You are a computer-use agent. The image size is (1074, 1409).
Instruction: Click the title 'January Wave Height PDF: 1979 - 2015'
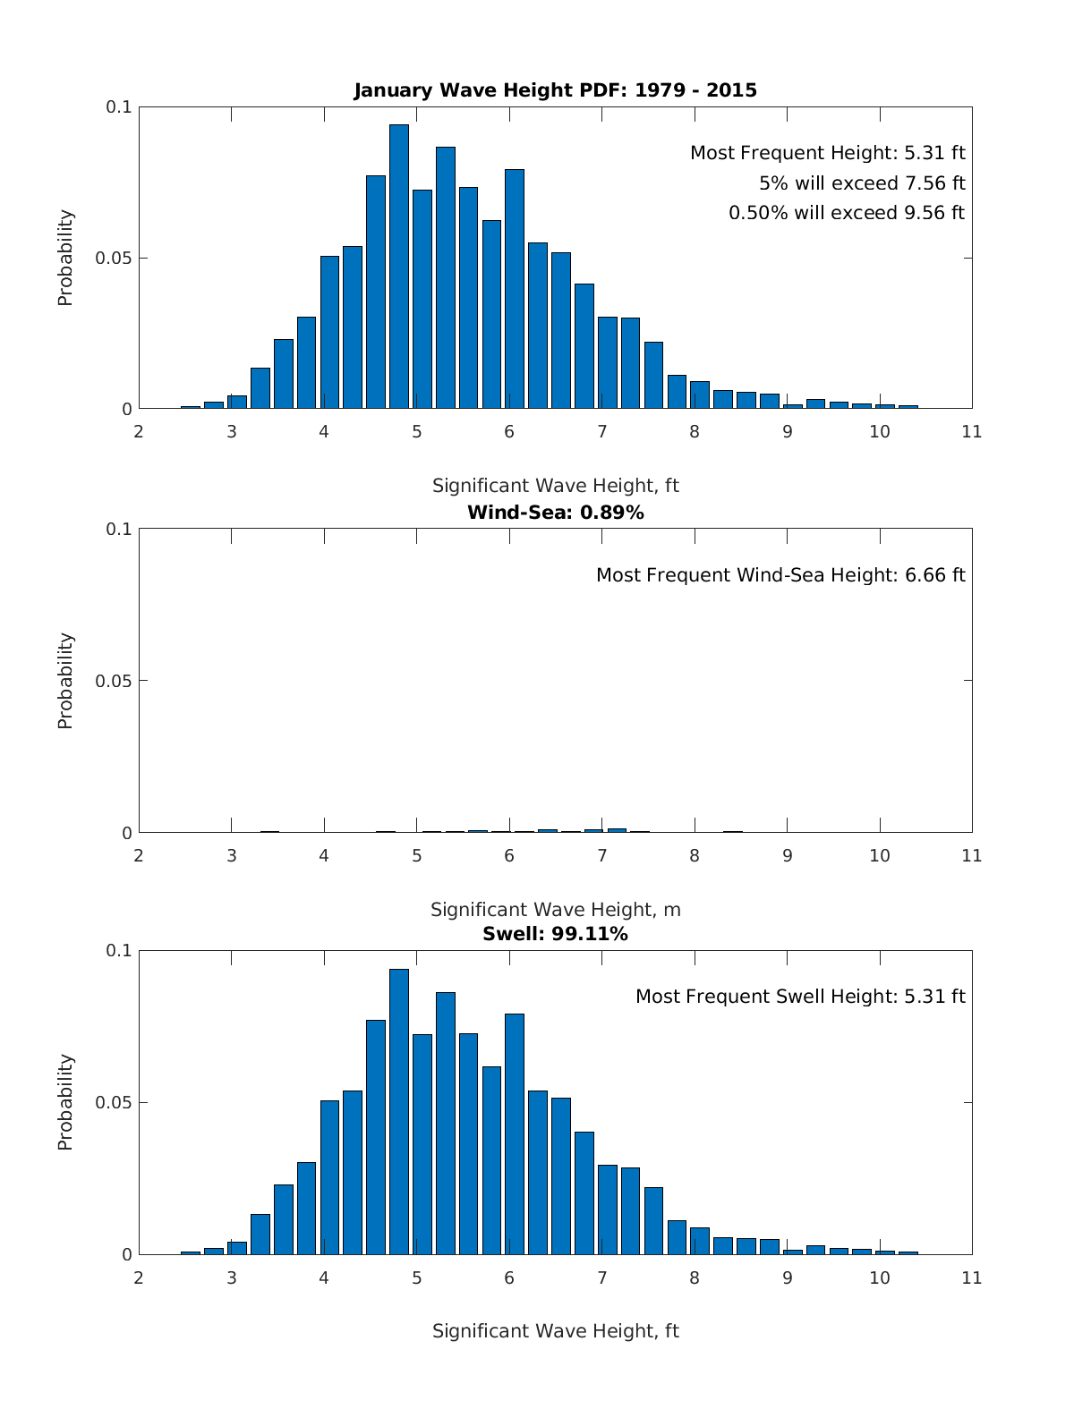click(x=555, y=90)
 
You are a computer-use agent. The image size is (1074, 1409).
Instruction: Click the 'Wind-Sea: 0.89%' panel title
click(x=555, y=513)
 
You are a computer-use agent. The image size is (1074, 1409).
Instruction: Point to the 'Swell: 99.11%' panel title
click(x=555, y=934)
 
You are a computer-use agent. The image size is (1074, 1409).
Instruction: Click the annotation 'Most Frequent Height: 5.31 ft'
click(x=827, y=153)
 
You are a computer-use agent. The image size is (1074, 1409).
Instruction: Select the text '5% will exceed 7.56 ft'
click(x=862, y=183)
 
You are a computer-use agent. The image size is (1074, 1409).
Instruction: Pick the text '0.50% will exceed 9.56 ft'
click(x=846, y=213)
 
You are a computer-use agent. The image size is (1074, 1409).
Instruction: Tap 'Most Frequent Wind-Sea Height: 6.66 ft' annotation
click(x=780, y=575)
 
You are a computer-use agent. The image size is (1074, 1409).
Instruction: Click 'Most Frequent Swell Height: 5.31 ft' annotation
click(x=800, y=997)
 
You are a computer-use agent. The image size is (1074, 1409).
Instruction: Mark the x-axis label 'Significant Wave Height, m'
click(x=555, y=910)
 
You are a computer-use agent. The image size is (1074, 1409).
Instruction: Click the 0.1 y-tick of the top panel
click(x=119, y=107)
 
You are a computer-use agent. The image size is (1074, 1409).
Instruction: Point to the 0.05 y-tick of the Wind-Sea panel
click(x=114, y=681)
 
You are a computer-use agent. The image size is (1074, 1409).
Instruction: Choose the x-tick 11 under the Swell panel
click(x=971, y=1278)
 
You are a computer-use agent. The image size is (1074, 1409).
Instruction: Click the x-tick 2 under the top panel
click(x=139, y=432)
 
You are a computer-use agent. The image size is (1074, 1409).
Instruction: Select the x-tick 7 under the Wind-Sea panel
click(x=601, y=856)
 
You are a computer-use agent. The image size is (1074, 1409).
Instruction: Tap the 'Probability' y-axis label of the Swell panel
click(x=65, y=1102)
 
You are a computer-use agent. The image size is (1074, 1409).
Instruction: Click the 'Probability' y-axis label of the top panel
click(x=65, y=258)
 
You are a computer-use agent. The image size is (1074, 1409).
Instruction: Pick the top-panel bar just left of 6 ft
click(x=491, y=314)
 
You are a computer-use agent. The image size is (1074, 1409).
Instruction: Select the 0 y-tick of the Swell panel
click(x=126, y=1255)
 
